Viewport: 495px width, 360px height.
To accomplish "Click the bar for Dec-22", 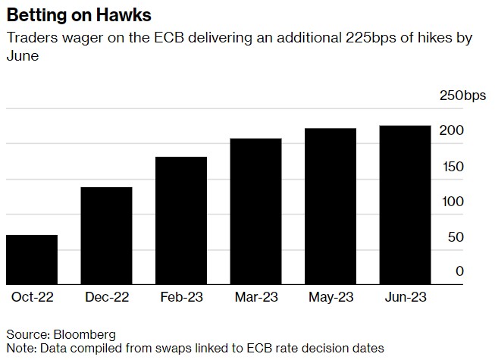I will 106,236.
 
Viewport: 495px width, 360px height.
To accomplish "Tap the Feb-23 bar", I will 181,221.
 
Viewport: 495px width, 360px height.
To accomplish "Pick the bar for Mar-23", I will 255,211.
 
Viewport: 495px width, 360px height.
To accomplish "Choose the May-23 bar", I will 331,207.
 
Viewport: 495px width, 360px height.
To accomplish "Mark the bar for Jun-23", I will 405,205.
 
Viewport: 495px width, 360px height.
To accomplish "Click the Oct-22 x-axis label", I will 32,297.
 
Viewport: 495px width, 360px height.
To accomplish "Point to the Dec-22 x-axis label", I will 106,297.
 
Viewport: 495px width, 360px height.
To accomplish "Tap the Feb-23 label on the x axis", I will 181,297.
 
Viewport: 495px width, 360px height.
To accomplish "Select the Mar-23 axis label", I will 255,297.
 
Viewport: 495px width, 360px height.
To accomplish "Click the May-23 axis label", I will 331,297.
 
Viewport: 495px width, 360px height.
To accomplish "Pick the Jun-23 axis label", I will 405,297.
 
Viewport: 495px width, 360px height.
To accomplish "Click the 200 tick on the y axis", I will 453,131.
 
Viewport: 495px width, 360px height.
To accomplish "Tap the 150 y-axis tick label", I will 453,167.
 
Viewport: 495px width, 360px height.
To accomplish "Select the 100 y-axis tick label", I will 453,202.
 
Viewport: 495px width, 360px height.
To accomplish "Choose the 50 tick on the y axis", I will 456,237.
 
